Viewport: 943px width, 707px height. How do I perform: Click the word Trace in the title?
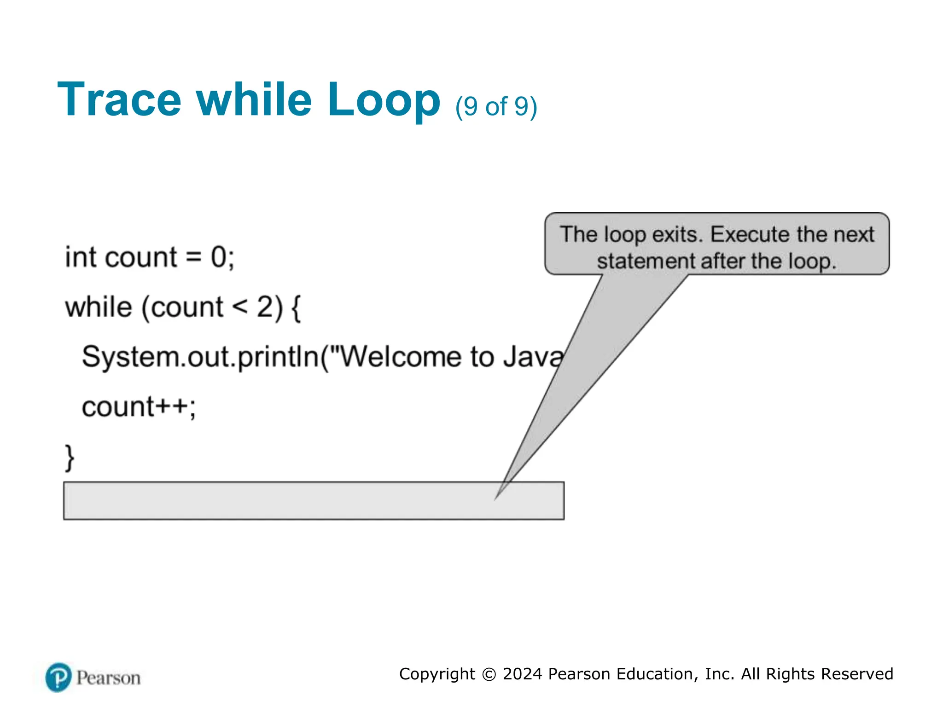click(119, 100)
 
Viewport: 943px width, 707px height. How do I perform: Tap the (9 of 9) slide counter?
click(496, 107)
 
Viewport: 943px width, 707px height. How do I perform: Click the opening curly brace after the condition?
click(296, 308)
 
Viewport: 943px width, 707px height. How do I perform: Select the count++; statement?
click(139, 407)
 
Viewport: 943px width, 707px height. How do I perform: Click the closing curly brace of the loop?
click(69, 458)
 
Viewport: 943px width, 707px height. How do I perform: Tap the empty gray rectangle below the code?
click(276, 501)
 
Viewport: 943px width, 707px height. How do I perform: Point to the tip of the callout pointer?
click(495, 499)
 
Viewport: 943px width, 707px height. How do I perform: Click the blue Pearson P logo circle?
click(58, 678)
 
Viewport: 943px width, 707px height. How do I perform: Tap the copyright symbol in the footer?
click(489, 674)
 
